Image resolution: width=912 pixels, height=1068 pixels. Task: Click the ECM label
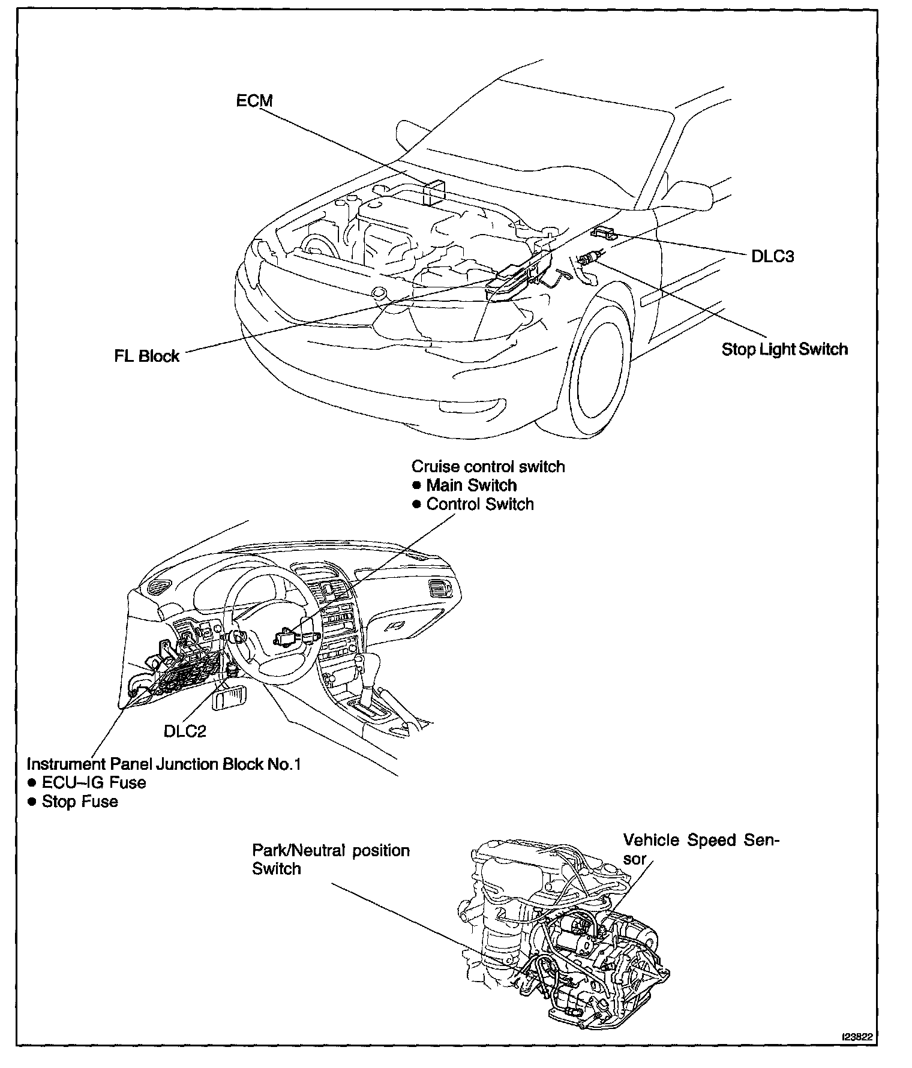pos(254,101)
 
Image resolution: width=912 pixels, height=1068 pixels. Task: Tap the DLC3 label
pos(772,256)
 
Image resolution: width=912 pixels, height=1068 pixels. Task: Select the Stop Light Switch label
pos(784,349)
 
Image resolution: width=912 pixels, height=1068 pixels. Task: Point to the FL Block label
pos(147,356)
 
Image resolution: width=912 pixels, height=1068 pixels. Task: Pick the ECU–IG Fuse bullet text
pos(94,782)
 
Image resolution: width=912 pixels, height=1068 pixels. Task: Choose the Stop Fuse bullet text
pos(80,802)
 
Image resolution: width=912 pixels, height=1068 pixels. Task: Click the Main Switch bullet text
pos(471,485)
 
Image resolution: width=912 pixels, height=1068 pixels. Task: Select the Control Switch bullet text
pos(479,504)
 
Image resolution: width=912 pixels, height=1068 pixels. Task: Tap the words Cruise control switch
pos(488,466)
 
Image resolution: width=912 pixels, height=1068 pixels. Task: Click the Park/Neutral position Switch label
pos(331,859)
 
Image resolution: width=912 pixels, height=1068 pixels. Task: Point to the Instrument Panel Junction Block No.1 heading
pos(163,764)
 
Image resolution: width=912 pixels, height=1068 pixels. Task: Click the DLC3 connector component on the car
pos(604,232)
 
